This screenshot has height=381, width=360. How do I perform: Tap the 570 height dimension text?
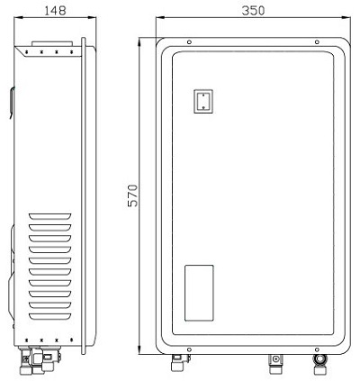click(x=133, y=195)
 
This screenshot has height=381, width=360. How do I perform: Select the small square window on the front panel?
click(x=204, y=100)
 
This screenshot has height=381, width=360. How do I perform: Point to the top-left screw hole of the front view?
click(x=188, y=42)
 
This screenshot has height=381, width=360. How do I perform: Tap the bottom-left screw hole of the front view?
click(x=188, y=348)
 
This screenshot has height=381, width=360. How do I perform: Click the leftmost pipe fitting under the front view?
click(x=177, y=364)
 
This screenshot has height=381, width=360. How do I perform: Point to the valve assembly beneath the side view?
click(x=40, y=361)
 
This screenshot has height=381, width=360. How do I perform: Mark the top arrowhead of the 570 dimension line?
click(x=142, y=40)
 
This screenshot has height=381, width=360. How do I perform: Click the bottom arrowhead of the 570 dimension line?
click(x=142, y=353)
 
